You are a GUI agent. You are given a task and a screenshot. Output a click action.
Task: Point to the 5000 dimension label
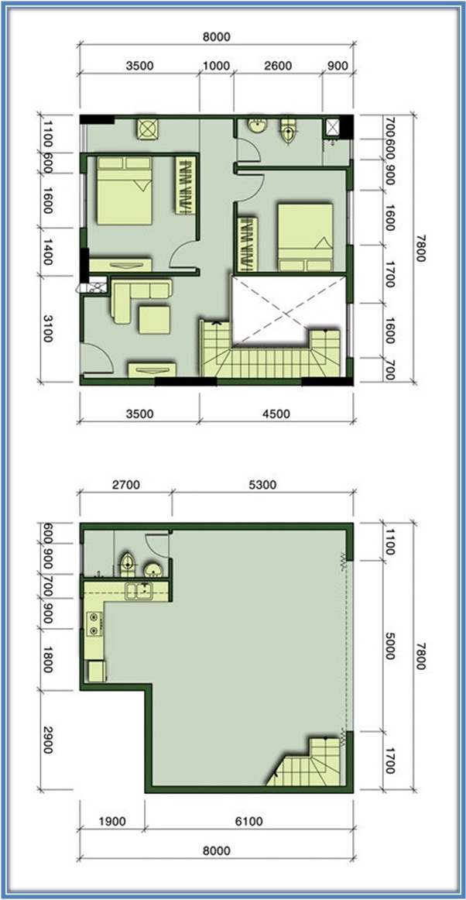390,645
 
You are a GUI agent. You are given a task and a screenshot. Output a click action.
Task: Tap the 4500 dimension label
276,414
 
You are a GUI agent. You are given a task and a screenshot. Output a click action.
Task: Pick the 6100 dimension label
248,821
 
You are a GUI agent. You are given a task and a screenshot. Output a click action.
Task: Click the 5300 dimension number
262,484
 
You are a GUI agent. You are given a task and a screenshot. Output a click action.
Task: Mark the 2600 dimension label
277,65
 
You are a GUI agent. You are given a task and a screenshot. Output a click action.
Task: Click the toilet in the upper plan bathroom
288,130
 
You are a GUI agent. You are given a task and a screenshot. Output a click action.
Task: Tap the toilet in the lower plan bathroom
128,564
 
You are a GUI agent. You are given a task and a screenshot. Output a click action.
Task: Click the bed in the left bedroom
125,191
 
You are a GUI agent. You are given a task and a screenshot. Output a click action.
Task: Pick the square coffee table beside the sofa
154,320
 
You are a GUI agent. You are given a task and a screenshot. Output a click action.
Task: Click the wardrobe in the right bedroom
247,243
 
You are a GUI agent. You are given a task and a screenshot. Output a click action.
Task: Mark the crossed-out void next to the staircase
288,311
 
